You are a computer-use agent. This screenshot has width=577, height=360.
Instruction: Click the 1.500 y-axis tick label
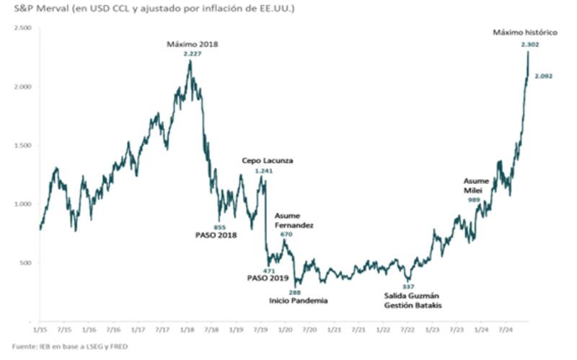(x=23, y=145)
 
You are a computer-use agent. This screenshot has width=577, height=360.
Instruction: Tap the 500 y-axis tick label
(x=26, y=263)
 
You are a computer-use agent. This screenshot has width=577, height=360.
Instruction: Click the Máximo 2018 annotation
(x=192, y=44)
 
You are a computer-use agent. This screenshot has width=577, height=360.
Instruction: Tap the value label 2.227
(x=192, y=54)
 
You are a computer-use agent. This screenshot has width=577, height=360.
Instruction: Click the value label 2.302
(x=529, y=45)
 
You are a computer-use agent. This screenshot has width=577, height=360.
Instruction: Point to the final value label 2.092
(x=543, y=76)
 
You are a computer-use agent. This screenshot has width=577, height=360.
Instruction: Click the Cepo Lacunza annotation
(x=267, y=160)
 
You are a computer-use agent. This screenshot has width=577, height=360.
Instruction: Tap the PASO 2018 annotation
(x=216, y=235)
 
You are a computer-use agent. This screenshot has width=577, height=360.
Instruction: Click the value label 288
(x=294, y=291)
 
